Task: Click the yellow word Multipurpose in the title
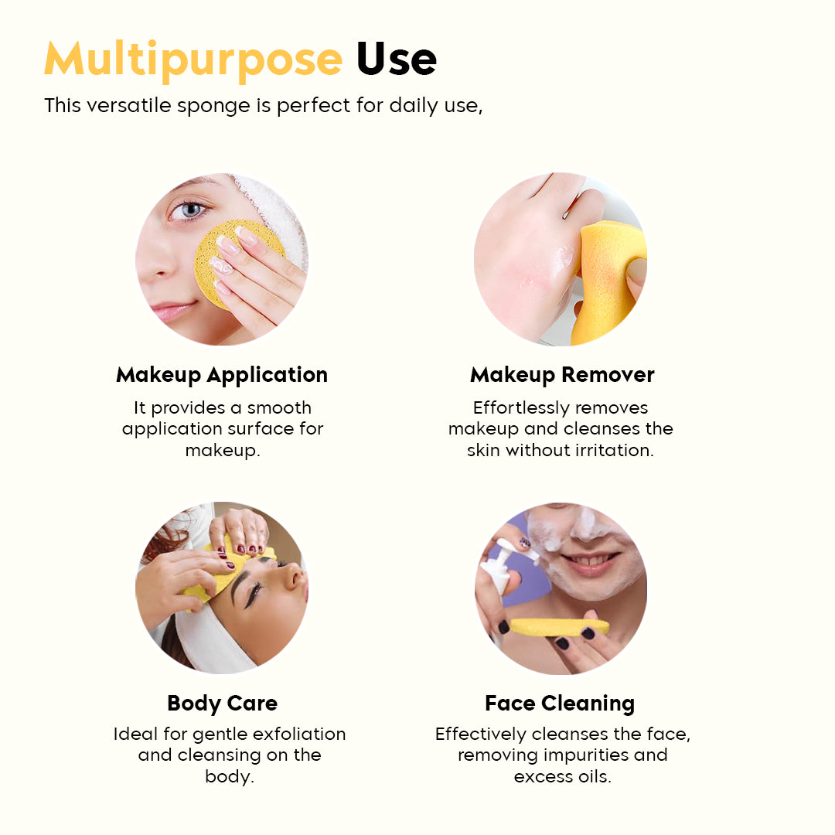(x=193, y=60)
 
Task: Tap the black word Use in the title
(x=397, y=60)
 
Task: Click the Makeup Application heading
(x=222, y=375)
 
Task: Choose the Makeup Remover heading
(x=562, y=375)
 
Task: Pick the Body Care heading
(x=222, y=704)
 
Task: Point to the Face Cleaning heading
(x=560, y=704)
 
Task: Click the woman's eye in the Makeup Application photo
(x=188, y=210)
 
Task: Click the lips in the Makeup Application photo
(x=173, y=310)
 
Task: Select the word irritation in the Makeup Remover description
(x=615, y=450)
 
